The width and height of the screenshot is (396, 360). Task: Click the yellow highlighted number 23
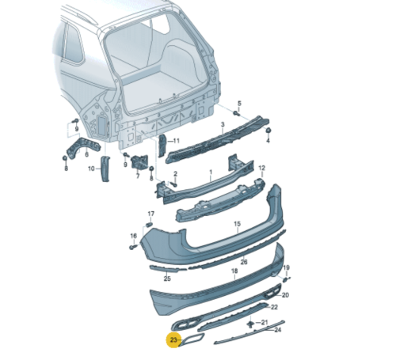point(173,340)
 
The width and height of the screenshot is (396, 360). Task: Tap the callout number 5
point(239,103)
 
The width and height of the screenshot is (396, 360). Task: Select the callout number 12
point(261,168)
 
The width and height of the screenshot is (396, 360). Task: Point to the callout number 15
point(238,224)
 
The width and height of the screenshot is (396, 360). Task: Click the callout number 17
point(150,214)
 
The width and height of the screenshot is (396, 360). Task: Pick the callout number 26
point(244,262)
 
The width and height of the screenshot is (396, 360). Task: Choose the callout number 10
point(91,169)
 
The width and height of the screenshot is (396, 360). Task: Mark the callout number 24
point(277,330)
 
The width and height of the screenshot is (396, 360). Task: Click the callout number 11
point(176,141)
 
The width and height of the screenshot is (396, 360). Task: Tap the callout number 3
point(223,124)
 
